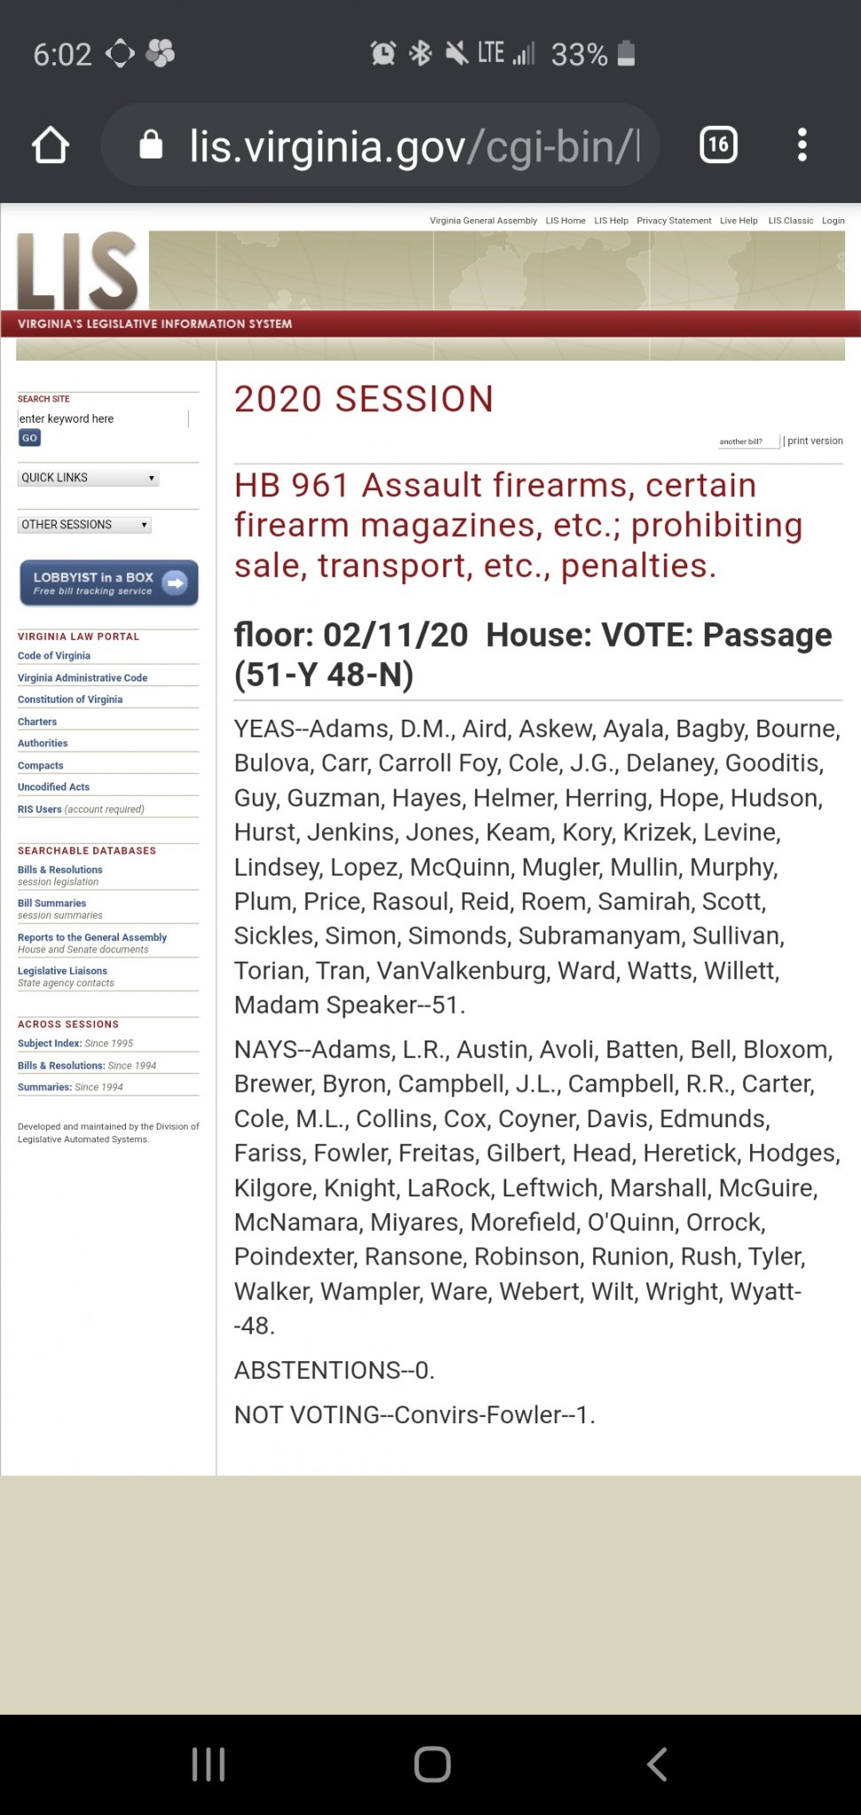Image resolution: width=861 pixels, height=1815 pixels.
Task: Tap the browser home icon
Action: click(x=51, y=145)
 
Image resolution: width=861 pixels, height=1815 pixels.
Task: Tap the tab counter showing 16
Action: click(x=718, y=144)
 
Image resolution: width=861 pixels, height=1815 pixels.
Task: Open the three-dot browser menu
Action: click(x=802, y=144)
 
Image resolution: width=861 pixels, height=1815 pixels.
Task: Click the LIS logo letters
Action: click(x=78, y=271)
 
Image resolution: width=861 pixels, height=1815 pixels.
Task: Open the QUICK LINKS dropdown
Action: click(x=89, y=478)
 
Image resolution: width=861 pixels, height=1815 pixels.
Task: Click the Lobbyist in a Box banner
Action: click(x=109, y=583)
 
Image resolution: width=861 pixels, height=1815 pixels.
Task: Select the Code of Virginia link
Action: click(x=54, y=656)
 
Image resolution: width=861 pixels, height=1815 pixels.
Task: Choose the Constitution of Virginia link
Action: click(x=70, y=699)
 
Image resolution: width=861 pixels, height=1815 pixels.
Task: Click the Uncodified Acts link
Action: click(x=53, y=787)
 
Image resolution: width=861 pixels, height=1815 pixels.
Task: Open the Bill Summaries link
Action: click(x=51, y=903)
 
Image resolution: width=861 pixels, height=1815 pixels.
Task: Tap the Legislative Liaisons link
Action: click(x=62, y=970)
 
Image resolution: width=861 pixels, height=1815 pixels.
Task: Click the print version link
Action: click(x=815, y=440)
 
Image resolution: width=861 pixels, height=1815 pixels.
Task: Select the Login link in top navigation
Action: click(x=833, y=221)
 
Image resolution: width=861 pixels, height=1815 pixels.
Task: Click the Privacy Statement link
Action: click(x=673, y=221)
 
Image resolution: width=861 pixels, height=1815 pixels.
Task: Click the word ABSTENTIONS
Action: click(x=317, y=1370)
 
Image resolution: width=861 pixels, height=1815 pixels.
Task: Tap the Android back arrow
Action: click(x=656, y=1764)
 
